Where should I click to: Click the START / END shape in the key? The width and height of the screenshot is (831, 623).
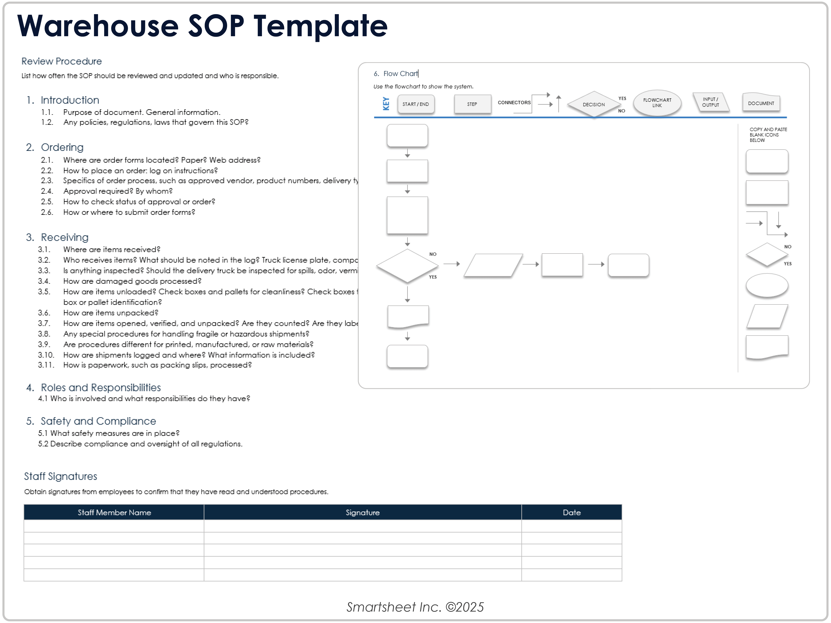pyautogui.click(x=415, y=104)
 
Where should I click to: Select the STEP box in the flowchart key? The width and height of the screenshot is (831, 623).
pyautogui.click(x=472, y=104)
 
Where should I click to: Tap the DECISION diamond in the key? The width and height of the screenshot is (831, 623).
pyautogui.click(x=594, y=104)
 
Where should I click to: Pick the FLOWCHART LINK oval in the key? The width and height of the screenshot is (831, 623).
pyautogui.click(x=657, y=103)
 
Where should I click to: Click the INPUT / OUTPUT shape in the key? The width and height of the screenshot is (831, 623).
pyautogui.click(x=710, y=102)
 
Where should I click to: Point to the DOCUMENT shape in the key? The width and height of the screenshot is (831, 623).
pyautogui.click(x=761, y=103)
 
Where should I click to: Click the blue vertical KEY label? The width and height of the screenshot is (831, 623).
pyautogui.click(x=386, y=104)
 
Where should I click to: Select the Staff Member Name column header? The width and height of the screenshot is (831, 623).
pyautogui.click(x=114, y=513)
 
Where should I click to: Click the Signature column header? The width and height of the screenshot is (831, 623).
pyautogui.click(x=362, y=513)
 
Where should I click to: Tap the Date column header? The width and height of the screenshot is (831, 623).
pyautogui.click(x=571, y=513)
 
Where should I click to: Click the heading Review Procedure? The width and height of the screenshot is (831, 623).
pyautogui.click(x=62, y=61)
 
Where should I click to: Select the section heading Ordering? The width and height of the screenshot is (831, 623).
pyautogui.click(x=62, y=147)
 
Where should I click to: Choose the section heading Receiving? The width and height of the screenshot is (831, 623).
pyautogui.click(x=65, y=237)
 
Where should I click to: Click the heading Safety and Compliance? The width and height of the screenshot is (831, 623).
pyautogui.click(x=98, y=421)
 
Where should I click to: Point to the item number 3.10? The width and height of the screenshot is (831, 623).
pyautogui.click(x=46, y=355)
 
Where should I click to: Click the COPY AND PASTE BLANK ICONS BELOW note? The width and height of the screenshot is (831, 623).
pyautogui.click(x=768, y=135)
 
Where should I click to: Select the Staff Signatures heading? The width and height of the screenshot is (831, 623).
pyautogui.click(x=60, y=476)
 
